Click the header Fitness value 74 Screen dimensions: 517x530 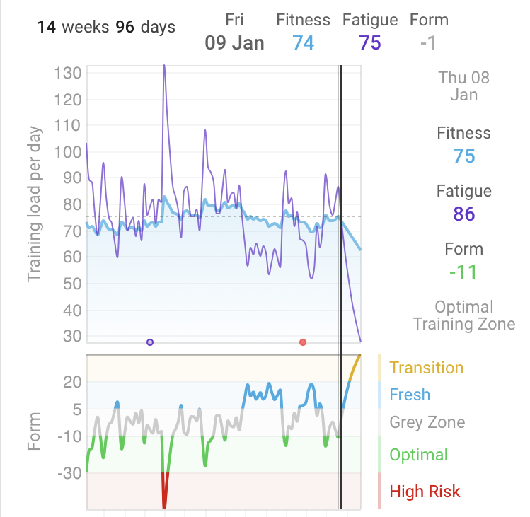tap(304, 42)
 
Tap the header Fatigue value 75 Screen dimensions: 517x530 tap(370, 42)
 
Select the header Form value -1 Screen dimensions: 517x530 tap(427, 42)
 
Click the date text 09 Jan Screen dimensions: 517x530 tap(234, 42)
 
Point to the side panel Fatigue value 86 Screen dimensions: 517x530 tap(464, 214)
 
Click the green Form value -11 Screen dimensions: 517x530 tap(463, 272)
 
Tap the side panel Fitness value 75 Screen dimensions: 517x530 tap(464, 156)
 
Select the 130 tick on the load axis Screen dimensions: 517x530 tap(69, 73)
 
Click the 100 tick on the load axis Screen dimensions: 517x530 tap(69, 152)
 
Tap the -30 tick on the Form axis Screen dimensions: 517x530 tap(69, 472)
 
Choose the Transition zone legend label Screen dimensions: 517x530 tap(426, 368)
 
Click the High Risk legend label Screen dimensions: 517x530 tap(425, 492)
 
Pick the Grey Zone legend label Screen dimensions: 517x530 tap(427, 423)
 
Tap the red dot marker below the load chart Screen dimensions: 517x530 tap(303, 342)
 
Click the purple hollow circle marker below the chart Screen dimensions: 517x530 tap(150, 342)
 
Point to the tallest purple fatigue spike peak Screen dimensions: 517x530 tap(164, 66)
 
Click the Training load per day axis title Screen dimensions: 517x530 tap(34, 204)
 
